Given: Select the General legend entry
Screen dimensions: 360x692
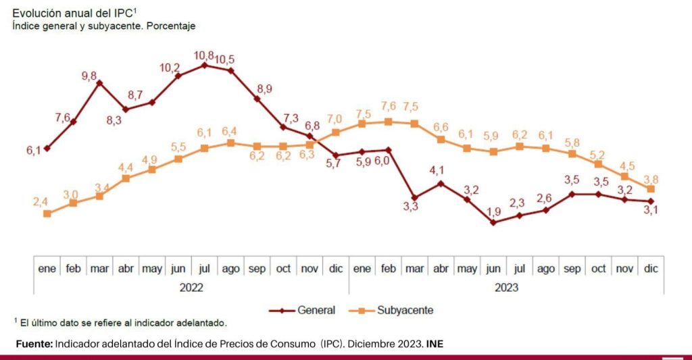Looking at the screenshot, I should point(316,311).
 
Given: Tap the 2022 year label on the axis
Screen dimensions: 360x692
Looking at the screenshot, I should point(191,287).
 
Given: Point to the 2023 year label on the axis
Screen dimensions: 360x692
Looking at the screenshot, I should point(506,287).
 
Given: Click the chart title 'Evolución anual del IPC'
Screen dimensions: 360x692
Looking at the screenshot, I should point(75,13).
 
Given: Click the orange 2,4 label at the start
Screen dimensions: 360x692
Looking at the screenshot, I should point(40,201).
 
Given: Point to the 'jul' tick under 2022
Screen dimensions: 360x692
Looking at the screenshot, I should point(204,269).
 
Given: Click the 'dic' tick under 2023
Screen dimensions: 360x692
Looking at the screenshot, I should point(650,269).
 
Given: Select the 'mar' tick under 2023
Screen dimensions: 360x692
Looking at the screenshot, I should point(414,269).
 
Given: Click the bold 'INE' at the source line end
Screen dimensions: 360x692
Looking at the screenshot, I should point(435,344).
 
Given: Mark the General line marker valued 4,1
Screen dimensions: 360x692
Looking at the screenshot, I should point(441,183).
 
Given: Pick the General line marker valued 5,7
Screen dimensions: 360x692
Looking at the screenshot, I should point(336,155).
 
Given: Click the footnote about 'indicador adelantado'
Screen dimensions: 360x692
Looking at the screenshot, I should point(120,323).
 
